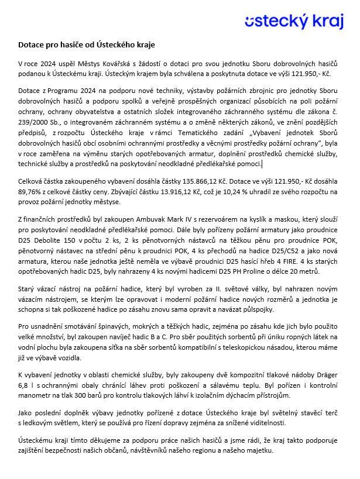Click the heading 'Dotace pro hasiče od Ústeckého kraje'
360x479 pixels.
87,44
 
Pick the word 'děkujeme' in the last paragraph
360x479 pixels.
93,440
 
